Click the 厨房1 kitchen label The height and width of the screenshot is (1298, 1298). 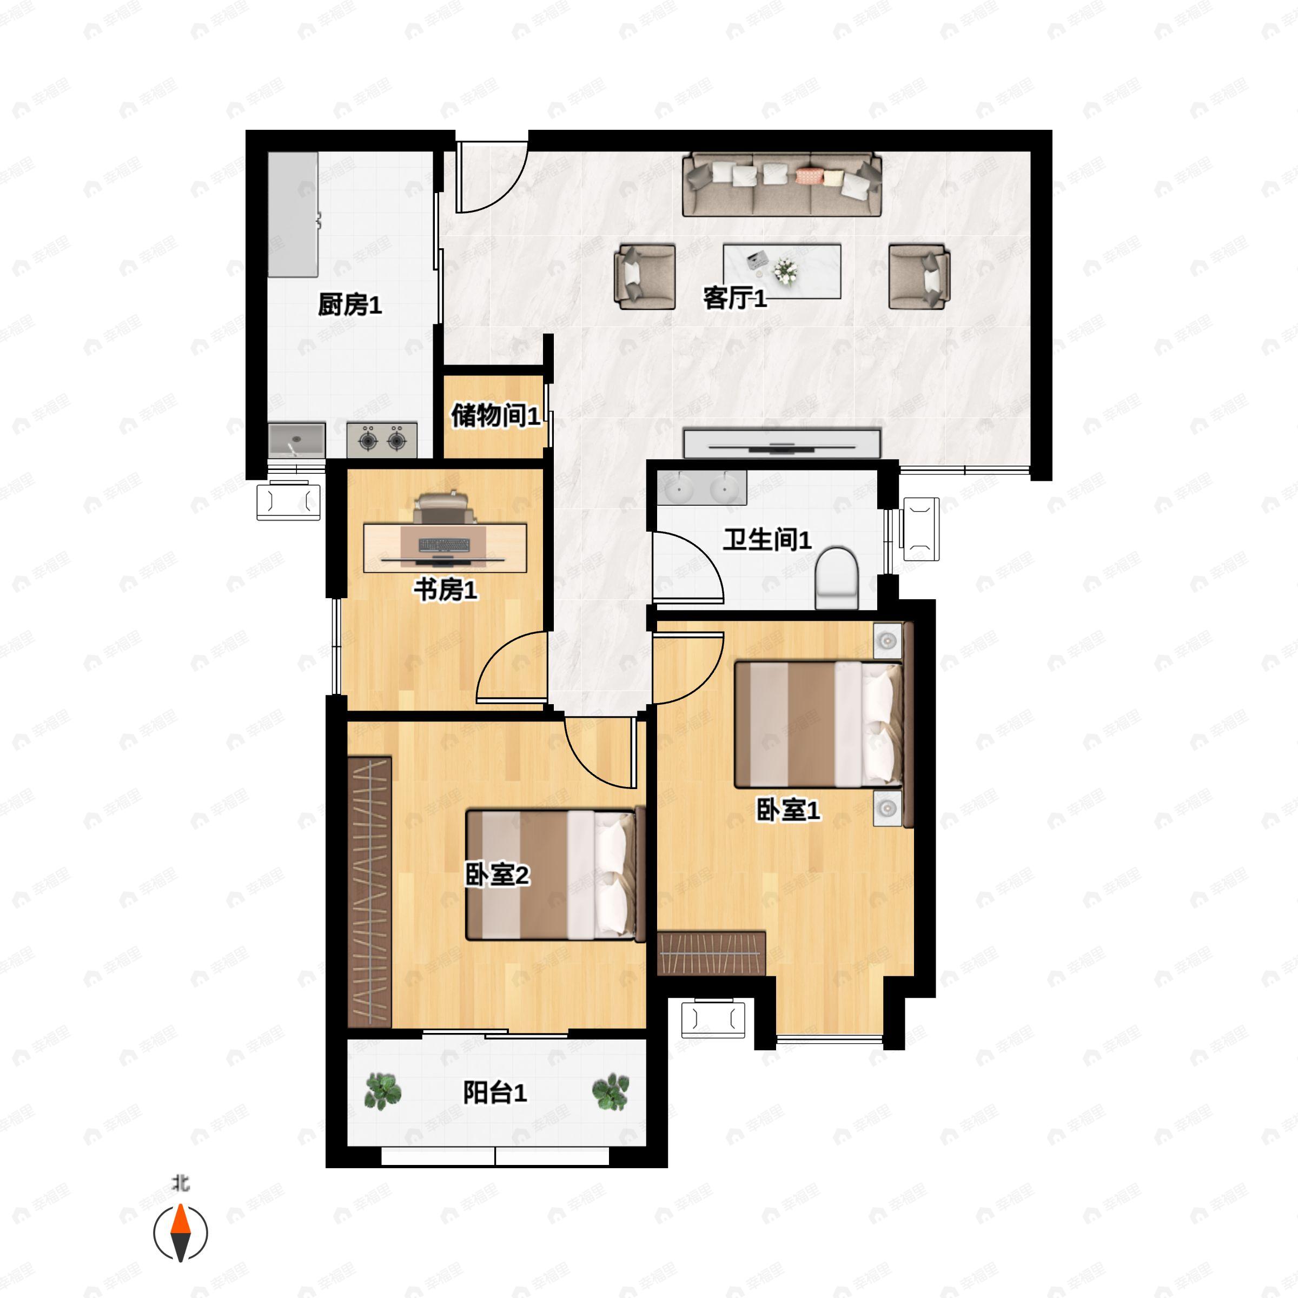pyautogui.click(x=349, y=305)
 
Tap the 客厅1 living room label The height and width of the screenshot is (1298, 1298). pyautogui.click(x=735, y=297)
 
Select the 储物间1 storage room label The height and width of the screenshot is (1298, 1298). pyautogui.click(x=495, y=415)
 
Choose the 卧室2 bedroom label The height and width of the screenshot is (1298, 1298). pyautogui.click(x=497, y=874)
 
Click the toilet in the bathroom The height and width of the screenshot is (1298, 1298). pyautogui.click(x=837, y=578)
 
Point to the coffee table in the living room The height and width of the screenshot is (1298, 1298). pyautogui.click(x=782, y=271)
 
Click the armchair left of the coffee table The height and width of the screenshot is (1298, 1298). pyautogui.click(x=645, y=277)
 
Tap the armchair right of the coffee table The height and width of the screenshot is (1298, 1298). pyautogui.click(x=919, y=277)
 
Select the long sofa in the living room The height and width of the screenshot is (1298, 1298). pyautogui.click(x=782, y=185)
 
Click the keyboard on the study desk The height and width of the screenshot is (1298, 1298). pyautogui.click(x=443, y=544)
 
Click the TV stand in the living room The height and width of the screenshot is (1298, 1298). pyautogui.click(x=782, y=443)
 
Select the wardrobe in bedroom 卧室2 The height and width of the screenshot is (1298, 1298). pyautogui.click(x=369, y=891)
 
